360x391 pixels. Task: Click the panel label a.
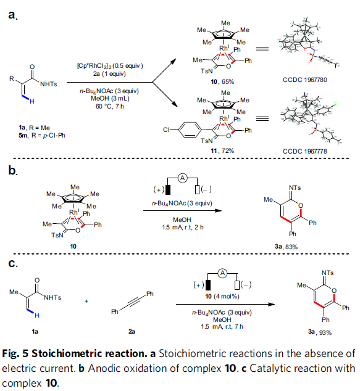click(x=12, y=15)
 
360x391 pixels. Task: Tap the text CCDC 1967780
click(x=304, y=80)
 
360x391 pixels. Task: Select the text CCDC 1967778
click(x=304, y=151)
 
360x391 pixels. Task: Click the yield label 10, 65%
click(x=222, y=81)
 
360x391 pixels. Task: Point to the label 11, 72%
click(x=222, y=150)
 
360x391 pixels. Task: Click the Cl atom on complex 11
click(x=166, y=130)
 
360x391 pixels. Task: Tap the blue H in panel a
click(x=32, y=101)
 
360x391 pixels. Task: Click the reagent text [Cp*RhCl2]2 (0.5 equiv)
click(x=110, y=66)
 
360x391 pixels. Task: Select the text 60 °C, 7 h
click(x=110, y=106)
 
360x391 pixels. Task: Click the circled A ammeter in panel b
click(x=183, y=178)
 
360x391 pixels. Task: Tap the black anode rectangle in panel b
click(x=168, y=189)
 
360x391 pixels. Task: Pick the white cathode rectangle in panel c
click(x=237, y=286)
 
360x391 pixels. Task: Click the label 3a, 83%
click(x=286, y=247)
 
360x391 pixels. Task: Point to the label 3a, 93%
click(x=320, y=332)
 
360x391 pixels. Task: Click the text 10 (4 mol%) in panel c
click(x=222, y=296)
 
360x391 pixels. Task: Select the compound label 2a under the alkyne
click(x=132, y=331)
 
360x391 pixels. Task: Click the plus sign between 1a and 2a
click(x=86, y=301)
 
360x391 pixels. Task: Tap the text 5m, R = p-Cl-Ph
click(x=42, y=136)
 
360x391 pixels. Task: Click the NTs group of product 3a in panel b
click(x=295, y=187)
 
